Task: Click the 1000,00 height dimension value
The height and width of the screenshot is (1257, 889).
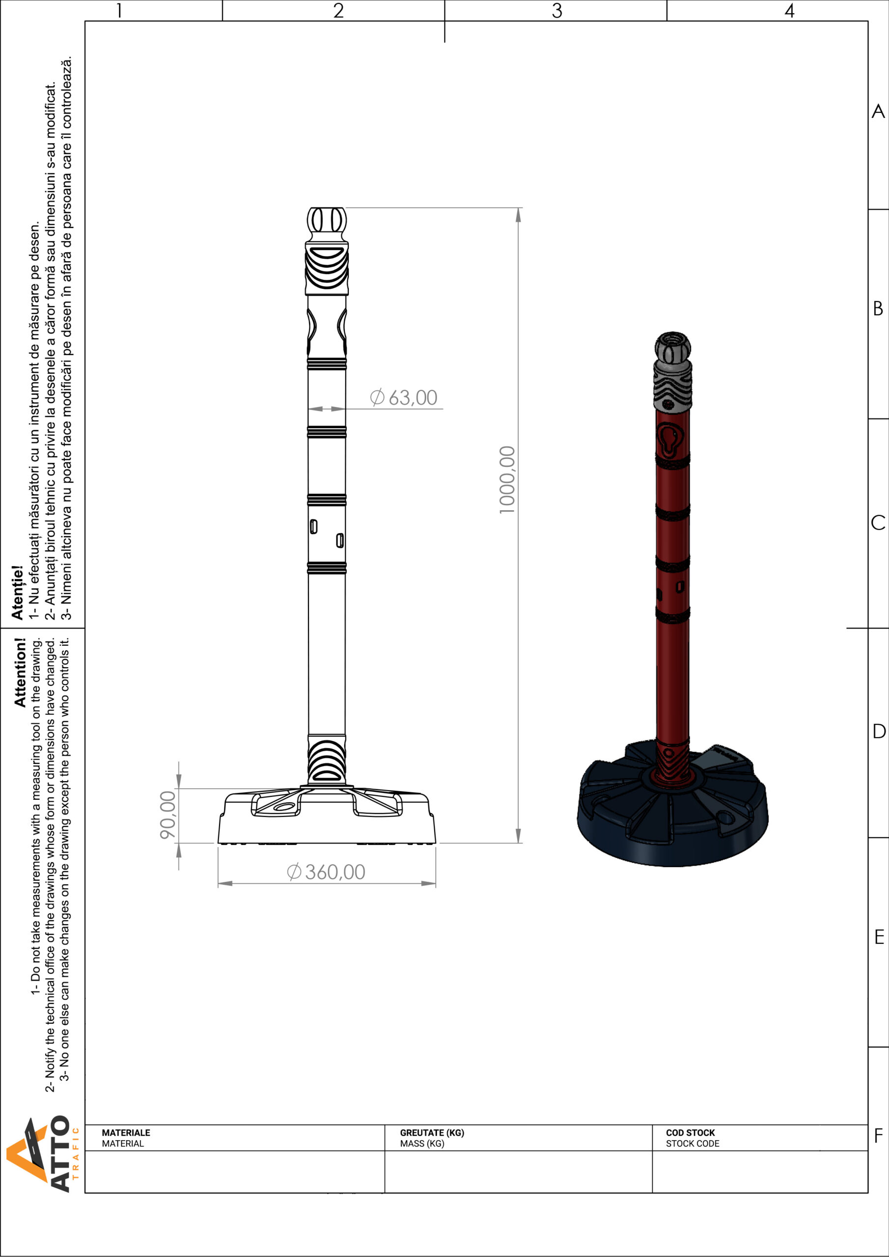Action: click(x=507, y=480)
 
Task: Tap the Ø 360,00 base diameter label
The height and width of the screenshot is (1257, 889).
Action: click(x=326, y=872)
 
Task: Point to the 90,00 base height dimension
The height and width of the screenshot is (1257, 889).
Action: click(x=167, y=815)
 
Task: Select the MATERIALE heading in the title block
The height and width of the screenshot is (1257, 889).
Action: click(x=126, y=1133)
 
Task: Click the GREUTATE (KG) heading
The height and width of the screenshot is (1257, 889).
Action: click(x=432, y=1133)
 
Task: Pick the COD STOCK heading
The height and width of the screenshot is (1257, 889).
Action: click(x=690, y=1133)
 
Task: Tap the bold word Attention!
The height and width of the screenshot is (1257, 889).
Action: click(x=20, y=672)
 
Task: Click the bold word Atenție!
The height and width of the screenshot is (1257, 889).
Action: click(x=18, y=592)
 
